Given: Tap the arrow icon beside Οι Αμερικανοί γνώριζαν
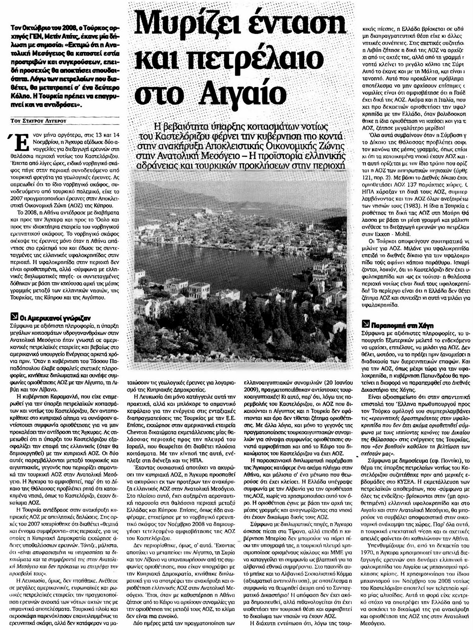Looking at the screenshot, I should point(15,315).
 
